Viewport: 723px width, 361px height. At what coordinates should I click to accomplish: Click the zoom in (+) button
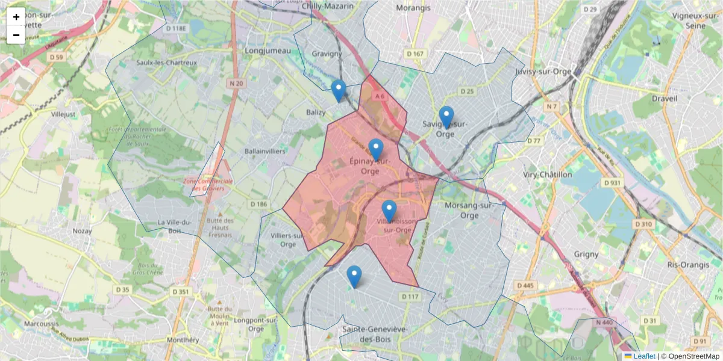(16, 17)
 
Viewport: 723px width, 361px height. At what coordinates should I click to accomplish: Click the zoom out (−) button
(16, 35)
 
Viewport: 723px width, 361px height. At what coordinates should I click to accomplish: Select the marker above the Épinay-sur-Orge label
(376, 149)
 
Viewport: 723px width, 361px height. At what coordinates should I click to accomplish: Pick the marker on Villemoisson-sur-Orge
(389, 211)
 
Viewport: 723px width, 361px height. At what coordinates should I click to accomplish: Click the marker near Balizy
(339, 91)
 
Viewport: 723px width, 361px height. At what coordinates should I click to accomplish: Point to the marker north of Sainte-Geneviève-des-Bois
(354, 276)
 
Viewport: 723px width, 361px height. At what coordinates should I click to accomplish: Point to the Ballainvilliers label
(265, 152)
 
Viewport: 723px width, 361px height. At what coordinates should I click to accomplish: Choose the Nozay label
(82, 230)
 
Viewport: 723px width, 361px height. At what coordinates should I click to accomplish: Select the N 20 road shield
(236, 84)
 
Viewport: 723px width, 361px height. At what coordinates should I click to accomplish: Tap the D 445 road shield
(525, 285)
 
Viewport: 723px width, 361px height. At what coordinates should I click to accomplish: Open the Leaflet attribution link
(644, 356)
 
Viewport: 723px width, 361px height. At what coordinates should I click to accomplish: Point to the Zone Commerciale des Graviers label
(208, 185)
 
